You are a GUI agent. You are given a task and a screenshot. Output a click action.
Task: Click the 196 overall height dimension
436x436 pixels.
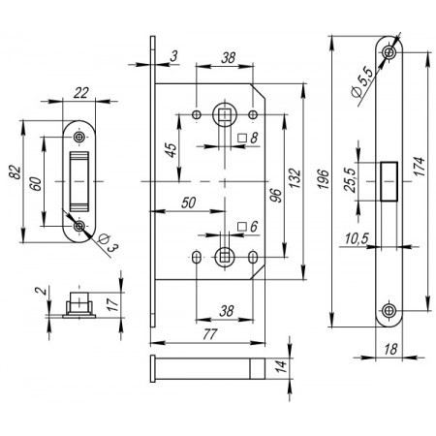point(324,178)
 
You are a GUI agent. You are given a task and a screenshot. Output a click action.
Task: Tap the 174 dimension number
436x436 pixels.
point(419,167)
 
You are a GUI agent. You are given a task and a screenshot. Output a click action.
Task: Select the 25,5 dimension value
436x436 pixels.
point(350,180)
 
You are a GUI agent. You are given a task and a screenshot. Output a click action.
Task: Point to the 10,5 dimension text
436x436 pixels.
point(357,238)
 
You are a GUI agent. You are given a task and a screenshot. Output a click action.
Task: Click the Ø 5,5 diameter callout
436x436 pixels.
point(362,82)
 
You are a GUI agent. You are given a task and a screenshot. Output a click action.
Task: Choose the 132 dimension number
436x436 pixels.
point(295,178)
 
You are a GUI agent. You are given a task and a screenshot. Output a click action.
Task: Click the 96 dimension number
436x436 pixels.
point(275,196)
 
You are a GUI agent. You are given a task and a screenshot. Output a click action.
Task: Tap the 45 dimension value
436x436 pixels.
point(171,150)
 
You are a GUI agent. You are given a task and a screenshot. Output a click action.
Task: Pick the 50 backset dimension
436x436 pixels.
point(189,202)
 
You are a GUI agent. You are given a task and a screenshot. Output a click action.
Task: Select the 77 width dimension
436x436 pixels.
point(210,334)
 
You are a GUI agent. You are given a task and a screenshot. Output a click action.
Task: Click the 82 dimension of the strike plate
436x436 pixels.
point(16,172)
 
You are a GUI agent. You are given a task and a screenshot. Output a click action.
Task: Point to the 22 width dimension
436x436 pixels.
point(80,93)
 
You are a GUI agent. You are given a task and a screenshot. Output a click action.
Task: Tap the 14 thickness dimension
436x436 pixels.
point(281,366)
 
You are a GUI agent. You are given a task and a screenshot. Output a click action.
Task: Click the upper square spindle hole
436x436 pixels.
point(225,114)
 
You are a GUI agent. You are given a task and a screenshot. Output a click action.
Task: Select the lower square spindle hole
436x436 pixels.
point(225,257)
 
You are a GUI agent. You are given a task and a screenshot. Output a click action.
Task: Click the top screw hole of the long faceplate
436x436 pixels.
point(389,52)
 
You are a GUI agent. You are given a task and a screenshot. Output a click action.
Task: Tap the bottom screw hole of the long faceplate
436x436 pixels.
point(389,311)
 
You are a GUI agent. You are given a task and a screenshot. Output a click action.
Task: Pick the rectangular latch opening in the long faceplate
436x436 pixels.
point(389,181)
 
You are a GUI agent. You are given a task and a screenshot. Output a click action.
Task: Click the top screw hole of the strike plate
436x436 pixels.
point(78,137)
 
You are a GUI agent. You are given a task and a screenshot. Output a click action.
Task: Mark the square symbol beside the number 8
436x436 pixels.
point(242,138)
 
